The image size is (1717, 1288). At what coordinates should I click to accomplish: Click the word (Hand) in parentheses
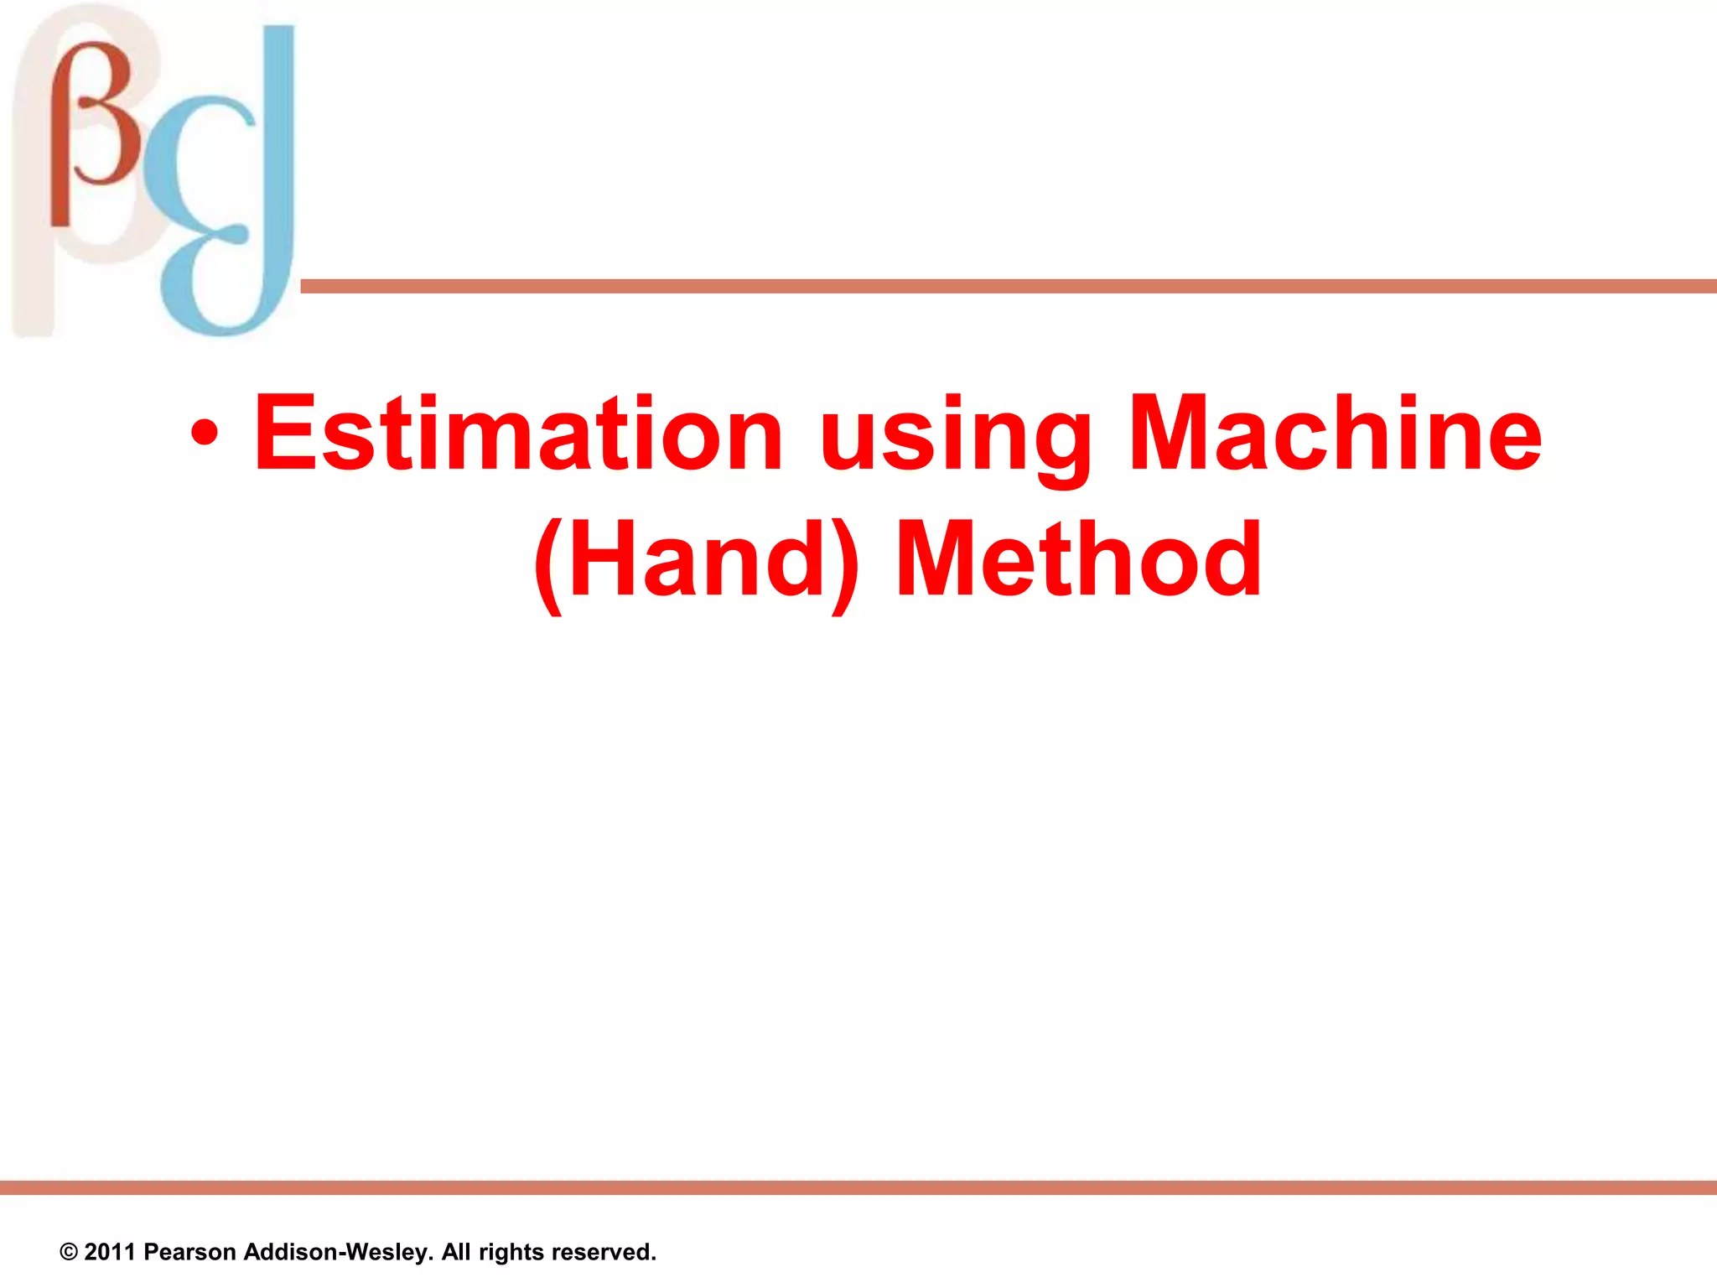click(x=697, y=560)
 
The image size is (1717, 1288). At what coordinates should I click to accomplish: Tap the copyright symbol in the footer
click(x=69, y=1253)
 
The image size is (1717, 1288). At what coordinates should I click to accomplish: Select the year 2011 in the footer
click(x=110, y=1252)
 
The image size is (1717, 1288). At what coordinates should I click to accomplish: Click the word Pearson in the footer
click(x=189, y=1252)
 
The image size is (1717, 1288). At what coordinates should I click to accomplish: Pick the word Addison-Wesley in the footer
click(x=338, y=1252)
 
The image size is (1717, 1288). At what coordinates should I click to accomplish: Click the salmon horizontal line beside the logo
click(x=1006, y=287)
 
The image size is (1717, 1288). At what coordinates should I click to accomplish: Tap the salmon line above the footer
click(x=858, y=1187)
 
